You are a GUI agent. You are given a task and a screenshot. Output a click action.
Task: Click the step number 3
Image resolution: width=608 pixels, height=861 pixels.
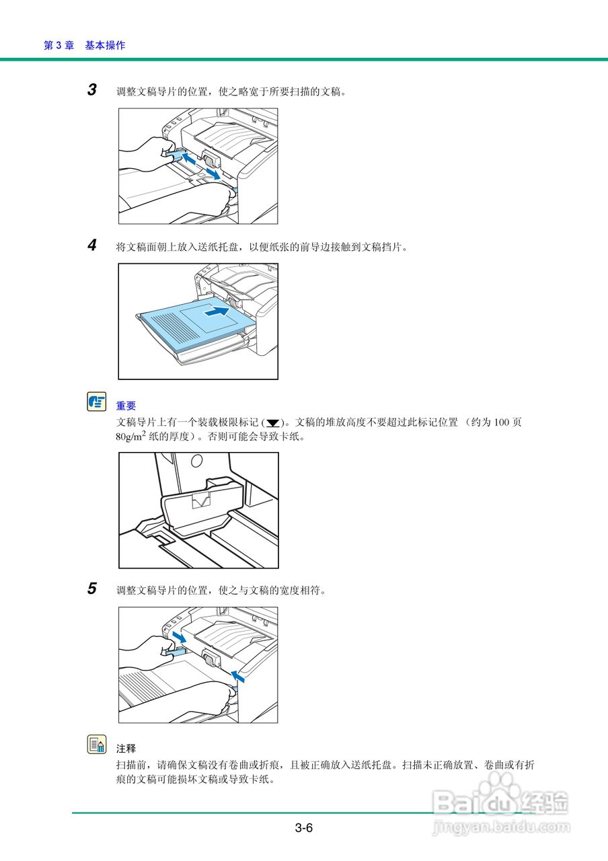(x=92, y=90)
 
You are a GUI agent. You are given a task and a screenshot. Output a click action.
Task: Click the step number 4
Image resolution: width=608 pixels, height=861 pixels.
(x=92, y=246)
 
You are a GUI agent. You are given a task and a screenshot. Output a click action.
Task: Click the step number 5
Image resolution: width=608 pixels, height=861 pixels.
(x=92, y=589)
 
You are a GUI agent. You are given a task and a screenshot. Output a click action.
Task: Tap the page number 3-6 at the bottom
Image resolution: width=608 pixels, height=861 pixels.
(x=303, y=828)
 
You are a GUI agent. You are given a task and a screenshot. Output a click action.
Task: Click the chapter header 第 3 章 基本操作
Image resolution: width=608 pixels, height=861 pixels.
(x=84, y=45)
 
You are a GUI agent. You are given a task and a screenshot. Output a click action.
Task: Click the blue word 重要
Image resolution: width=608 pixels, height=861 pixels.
(x=126, y=406)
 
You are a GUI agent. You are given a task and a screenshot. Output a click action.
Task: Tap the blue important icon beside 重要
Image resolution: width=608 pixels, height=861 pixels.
(x=97, y=402)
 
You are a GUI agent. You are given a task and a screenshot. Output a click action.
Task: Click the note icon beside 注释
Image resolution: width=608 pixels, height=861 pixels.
(x=97, y=745)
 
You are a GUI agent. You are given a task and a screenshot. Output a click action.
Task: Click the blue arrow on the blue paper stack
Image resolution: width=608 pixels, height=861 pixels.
(x=216, y=312)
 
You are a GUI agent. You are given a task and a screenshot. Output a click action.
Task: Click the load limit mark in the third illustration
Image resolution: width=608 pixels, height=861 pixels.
(x=201, y=500)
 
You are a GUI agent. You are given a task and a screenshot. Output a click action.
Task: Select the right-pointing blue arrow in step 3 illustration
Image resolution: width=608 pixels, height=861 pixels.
(x=213, y=174)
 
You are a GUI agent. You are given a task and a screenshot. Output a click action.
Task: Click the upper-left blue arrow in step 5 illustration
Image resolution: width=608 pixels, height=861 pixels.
(x=180, y=636)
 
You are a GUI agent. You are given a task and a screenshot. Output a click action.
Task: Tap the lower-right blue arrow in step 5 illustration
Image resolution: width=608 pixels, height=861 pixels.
(x=237, y=675)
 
